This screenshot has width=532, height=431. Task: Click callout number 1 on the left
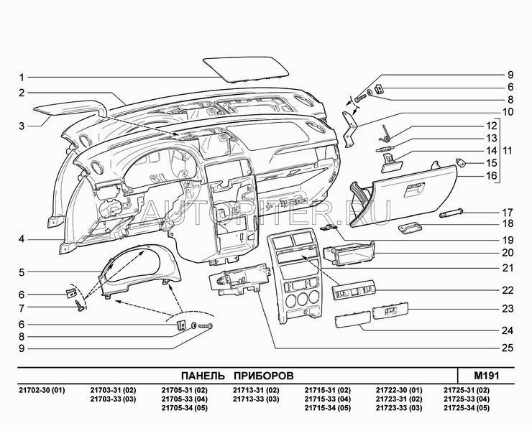coord(22,77)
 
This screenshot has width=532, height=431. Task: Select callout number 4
coord(22,239)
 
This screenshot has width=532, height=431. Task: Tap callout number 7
coord(22,308)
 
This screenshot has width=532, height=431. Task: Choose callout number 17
coord(508,212)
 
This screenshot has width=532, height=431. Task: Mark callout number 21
coord(508,268)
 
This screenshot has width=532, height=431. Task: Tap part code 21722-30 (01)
coord(400,390)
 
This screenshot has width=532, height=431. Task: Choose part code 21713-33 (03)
coord(256,399)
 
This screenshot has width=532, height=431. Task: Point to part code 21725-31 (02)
coord(471,390)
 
